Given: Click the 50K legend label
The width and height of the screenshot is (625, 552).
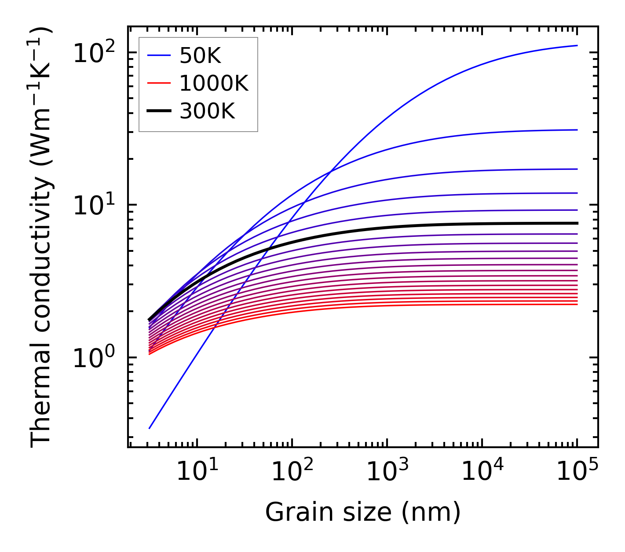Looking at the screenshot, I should pyautogui.click(x=200, y=56).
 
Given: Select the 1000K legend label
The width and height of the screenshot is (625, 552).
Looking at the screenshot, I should pyautogui.click(x=214, y=84).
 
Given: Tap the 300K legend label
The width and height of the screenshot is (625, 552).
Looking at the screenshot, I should pyautogui.click(x=207, y=111).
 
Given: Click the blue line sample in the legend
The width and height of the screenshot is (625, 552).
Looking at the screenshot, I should pyautogui.click(x=158, y=56).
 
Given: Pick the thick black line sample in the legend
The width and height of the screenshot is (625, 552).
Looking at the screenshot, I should pyautogui.click(x=158, y=111).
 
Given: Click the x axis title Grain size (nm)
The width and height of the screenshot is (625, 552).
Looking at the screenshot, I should pyautogui.click(x=363, y=512).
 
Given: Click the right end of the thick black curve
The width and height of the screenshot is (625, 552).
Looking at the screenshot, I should pyautogui.click(x=577, y=223).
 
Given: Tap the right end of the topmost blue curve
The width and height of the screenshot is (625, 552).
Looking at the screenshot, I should pyautogui.click(x=577, y=45).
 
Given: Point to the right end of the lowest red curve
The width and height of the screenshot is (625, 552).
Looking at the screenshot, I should pyautogui.click(x=577, y=304).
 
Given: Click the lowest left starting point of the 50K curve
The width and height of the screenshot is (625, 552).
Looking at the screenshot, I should pyautogui.click(x=150, y=428).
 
